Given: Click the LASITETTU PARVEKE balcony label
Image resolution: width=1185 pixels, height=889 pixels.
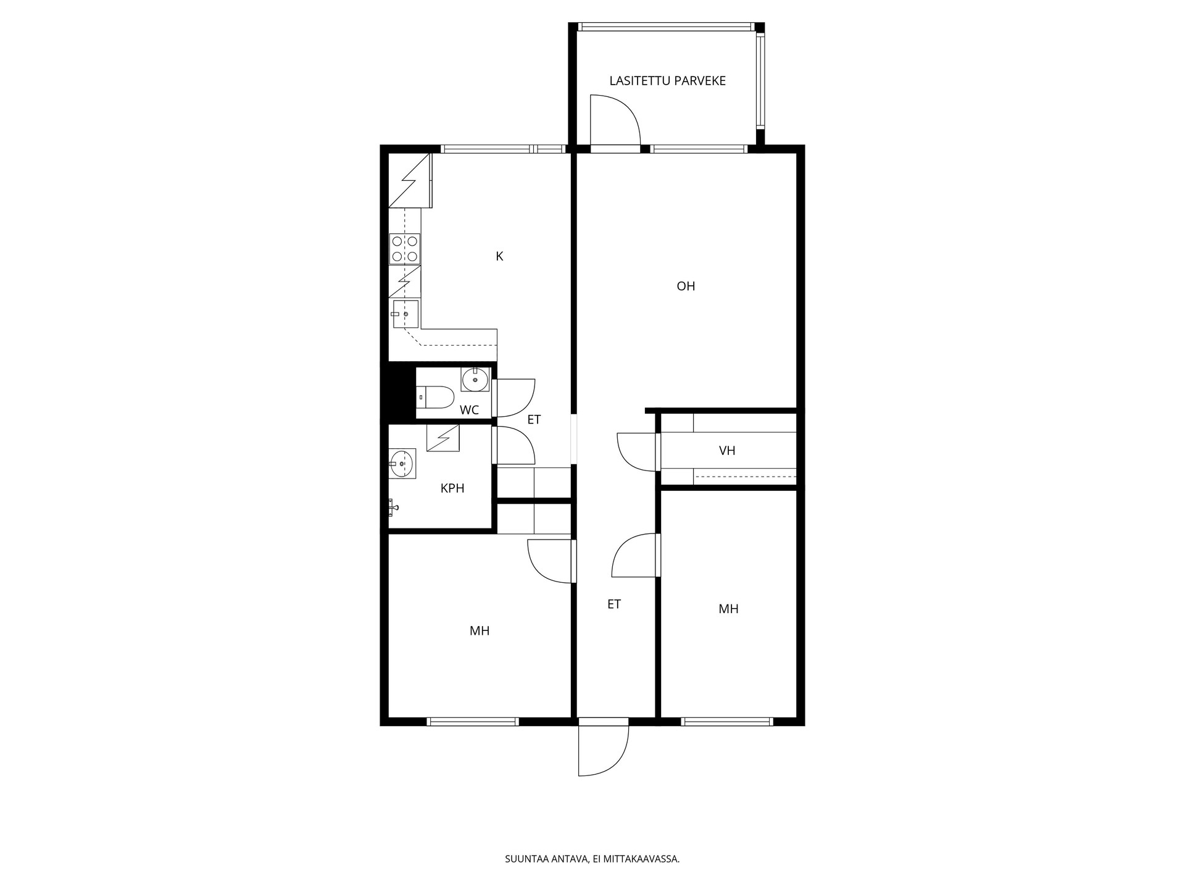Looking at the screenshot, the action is [x=667, y=81].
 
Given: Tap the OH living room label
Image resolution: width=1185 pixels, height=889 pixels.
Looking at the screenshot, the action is [x=686, y=286].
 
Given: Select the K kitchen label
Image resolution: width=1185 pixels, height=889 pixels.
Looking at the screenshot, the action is [x=499, y=256].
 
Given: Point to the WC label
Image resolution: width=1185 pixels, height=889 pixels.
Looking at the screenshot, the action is [x=469, y=411].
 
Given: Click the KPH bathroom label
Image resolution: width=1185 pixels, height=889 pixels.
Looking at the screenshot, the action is [x=452, y=488].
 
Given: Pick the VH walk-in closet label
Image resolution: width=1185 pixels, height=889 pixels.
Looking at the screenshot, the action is [x=727, y=451].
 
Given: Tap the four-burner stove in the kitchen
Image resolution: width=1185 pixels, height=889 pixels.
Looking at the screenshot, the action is [x=405, y=249].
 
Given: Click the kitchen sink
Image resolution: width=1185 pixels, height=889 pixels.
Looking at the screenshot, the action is [x=404, y=314].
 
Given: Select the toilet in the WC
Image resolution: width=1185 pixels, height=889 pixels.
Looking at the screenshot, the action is [x=435, y=396].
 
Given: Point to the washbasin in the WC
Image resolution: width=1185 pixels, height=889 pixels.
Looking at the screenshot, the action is [x=475, y=379].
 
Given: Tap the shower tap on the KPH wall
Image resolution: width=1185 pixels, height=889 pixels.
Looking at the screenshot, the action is [x=393, y=507].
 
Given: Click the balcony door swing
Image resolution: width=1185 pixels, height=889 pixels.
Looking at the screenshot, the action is [x=615, y=120].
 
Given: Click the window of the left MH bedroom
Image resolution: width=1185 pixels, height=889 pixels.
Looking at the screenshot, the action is [x=473, y=721].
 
